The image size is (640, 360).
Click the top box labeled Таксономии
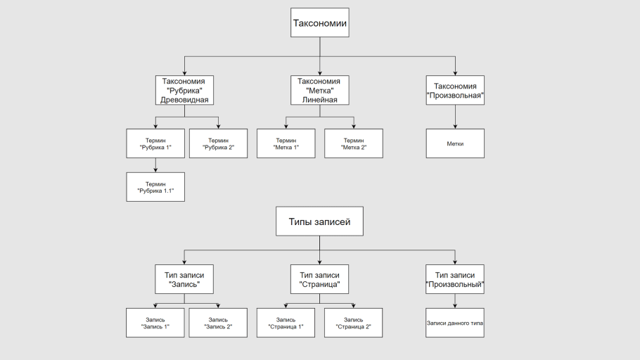320,22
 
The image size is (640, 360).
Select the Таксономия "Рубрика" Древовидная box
184,90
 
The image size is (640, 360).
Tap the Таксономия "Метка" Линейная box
320,90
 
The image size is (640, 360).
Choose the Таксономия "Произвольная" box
455,90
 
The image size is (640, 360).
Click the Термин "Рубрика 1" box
155,143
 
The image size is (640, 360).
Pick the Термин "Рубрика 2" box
218,143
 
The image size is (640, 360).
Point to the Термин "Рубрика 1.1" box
155,187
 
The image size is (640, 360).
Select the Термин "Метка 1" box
286,143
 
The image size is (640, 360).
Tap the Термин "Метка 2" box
354,143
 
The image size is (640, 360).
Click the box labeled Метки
455,143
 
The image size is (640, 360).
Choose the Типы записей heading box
319,221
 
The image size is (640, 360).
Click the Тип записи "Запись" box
184,279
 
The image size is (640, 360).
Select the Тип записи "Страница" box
320,279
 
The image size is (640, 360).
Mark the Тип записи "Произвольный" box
455,279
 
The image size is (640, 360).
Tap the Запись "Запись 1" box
155,323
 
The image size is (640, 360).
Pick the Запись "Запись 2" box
218,323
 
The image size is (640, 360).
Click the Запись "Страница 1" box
286,323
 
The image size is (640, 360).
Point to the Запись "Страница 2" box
354,323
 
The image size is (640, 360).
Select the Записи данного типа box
455,323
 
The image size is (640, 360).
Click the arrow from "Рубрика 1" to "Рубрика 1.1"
155,165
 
